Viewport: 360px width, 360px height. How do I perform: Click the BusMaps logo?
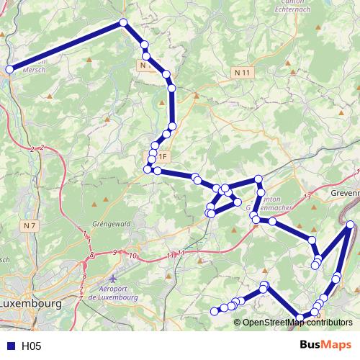[325, 346]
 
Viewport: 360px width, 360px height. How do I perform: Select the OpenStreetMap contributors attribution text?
[297, 323]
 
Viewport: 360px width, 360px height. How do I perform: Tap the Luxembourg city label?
[30, 304]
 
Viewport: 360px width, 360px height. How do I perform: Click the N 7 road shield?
[30, 226]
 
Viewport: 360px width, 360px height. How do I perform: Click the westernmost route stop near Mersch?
[10, 70]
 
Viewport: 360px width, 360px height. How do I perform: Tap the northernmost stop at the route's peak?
[123, 23]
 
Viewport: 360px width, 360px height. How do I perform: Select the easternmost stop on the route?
[350, 225]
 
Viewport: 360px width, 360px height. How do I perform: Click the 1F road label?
[163, 156]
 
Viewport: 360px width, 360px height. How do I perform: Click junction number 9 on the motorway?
[115, 252]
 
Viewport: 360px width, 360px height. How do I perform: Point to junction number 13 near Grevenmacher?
[307, 197]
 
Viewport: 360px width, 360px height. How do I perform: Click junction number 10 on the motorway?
[132, 255]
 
